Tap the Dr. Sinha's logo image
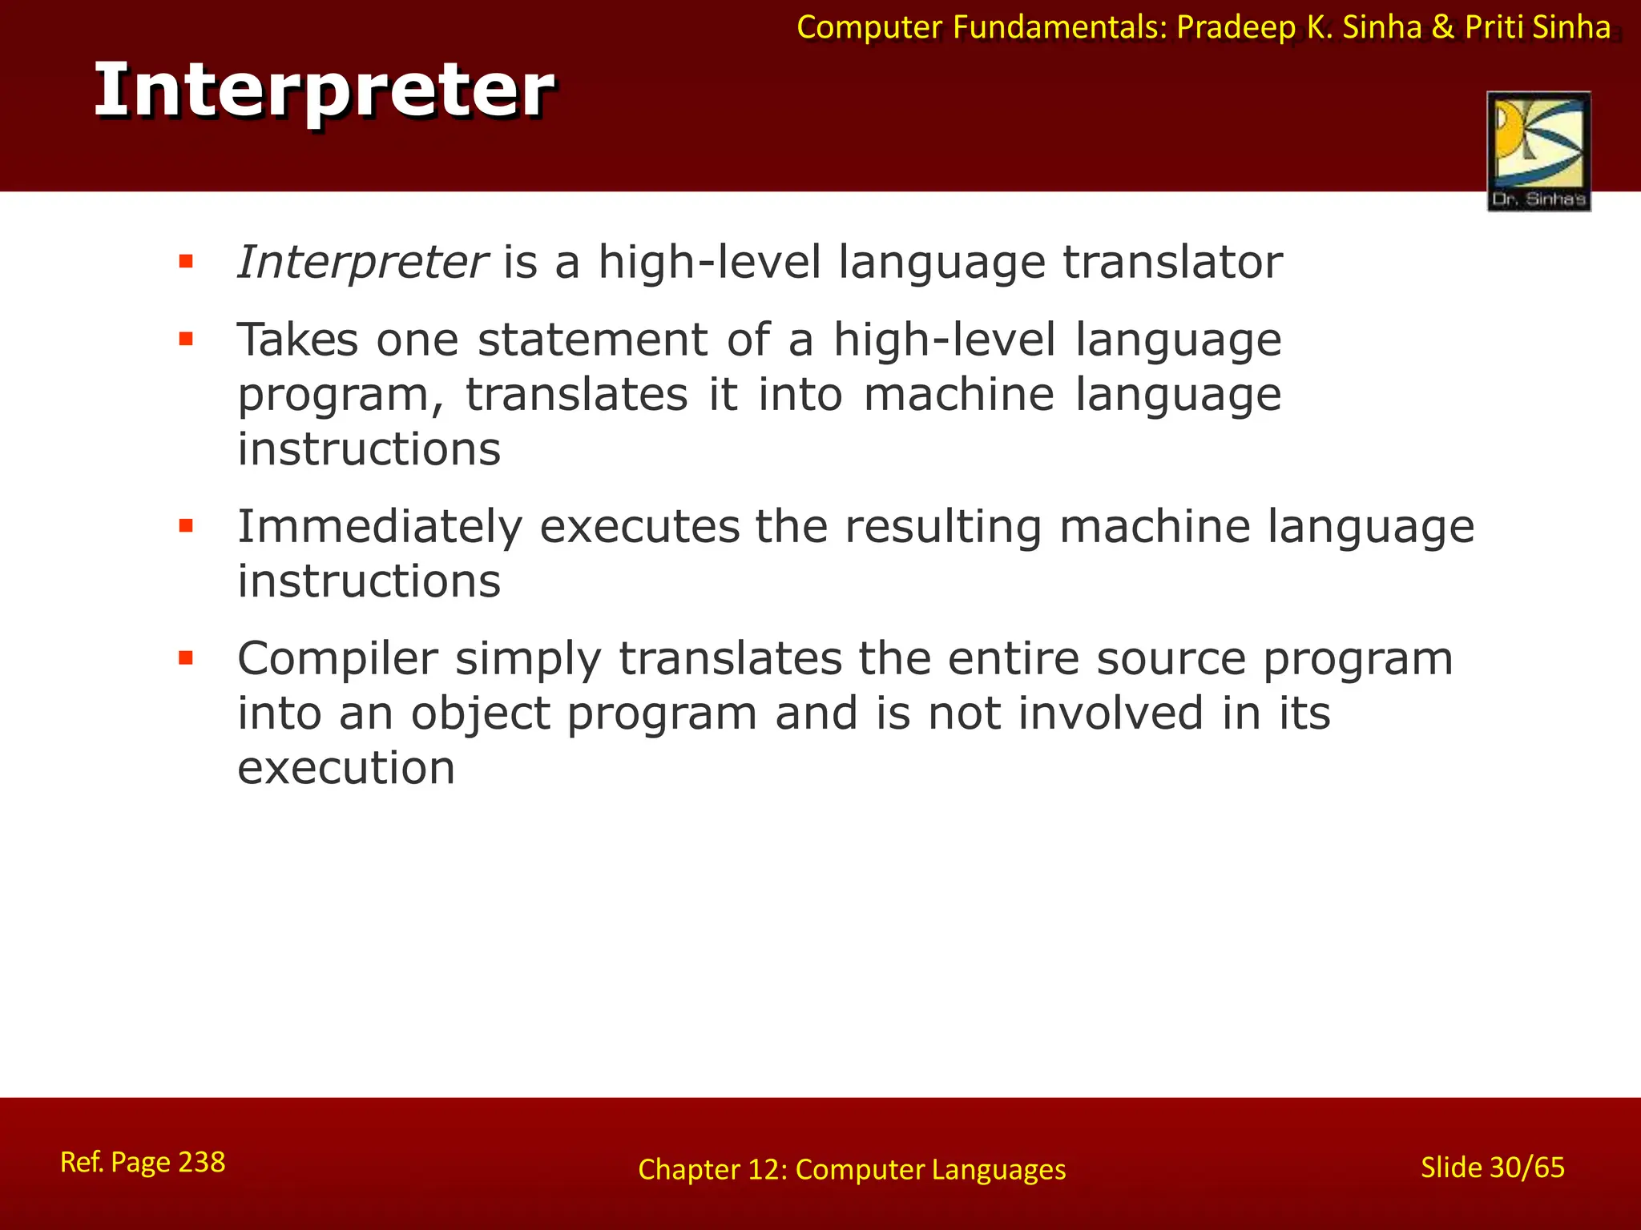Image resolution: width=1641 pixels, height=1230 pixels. click(1538, 151)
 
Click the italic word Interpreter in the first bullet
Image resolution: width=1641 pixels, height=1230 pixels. click(362, 263)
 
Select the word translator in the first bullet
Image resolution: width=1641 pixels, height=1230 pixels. click(1172, 263)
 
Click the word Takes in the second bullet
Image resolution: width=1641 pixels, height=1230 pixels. click(297, 340)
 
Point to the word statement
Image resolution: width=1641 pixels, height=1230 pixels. click(592, 340)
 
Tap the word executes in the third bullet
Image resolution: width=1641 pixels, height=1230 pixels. click(639, 528)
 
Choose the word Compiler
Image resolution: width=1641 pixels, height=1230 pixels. click(337, 659)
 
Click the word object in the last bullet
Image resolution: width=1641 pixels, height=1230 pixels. click(481, 713)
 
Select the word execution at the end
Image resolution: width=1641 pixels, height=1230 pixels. click(346, 768)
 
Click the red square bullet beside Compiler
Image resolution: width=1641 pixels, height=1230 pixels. click(186, 658)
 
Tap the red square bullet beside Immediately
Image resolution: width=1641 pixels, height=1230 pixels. click(186, 526)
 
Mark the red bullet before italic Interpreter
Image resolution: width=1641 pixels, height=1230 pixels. click(186, 261)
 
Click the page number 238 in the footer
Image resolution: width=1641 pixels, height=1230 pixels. click(201, 1162)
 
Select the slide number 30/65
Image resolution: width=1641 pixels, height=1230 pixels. click(1526, 1168)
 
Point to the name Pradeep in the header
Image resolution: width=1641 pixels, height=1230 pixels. click(1236, 28)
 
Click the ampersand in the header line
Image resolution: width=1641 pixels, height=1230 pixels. click(1442, 28)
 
